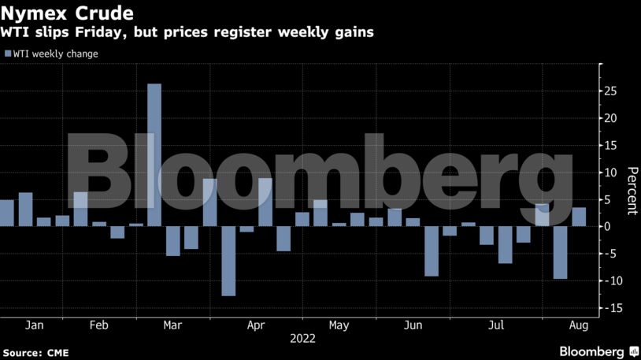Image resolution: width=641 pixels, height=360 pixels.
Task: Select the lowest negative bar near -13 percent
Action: tap(228, 261)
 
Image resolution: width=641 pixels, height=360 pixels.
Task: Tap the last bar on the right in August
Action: tap(578, 217)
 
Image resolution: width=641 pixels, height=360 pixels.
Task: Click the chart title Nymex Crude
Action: tap(66, 13)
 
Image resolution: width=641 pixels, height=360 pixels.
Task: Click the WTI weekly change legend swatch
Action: tap(8, 54)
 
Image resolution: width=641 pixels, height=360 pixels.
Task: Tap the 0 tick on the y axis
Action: tap(607, 227)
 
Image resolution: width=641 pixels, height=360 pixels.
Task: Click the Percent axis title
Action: tap(631, 191)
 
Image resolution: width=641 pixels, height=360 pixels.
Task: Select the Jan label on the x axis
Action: tap(35, 325)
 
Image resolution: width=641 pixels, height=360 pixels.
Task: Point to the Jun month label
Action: tap(412, 325)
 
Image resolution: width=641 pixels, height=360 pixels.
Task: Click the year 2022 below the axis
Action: tap(302, 339)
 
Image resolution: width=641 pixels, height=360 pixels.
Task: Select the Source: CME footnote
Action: tap(36, 351)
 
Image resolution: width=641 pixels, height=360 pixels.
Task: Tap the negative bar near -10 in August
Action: tap(560, 252)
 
